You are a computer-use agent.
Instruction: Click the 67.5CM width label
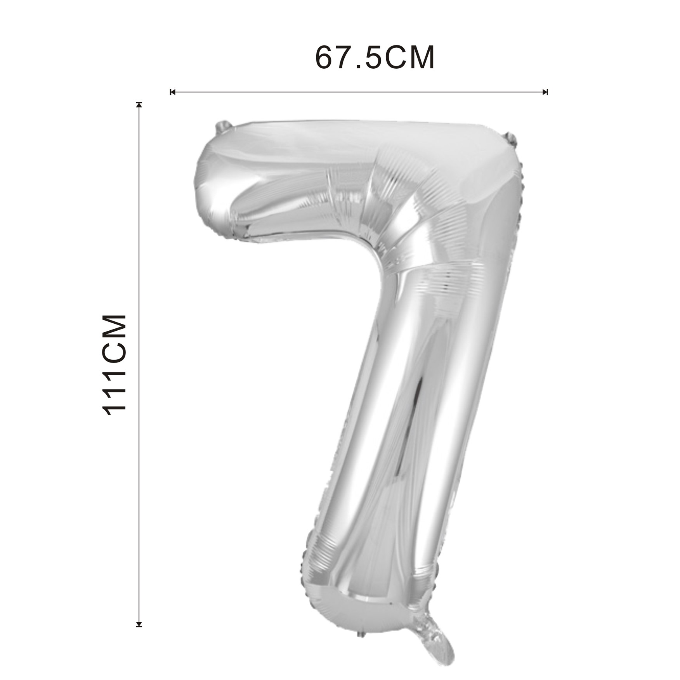375,58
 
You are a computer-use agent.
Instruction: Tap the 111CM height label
114,365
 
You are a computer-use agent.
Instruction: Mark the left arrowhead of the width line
173,92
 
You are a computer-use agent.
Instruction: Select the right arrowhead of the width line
545,92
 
